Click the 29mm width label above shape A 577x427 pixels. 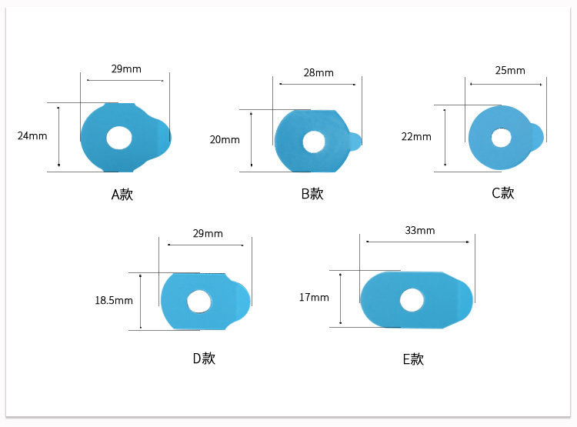click(x=126, y=68)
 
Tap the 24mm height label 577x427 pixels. click(x=32, y=136)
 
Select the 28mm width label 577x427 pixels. click(x=319, y=73)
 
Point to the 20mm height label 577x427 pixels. click(x=225, y=140)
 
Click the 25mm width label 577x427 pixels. click(x=510, y=70)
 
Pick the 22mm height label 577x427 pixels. click(x=416, y=137)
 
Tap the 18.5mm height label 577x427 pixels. click(x=114, y=300)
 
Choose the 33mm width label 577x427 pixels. click(x=420, y=231)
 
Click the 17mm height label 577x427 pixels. click(x=314, y=298)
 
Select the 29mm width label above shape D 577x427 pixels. click(x=208, y=233)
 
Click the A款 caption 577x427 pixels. click(x=122, y=195)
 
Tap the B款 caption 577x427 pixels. click(x=312, y=194)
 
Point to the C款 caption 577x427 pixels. click(x=503, y=193)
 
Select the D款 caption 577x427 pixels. click(x=204, y=359)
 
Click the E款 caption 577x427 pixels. click(x=413, y=359)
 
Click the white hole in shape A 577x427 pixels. click(x=118, y=138)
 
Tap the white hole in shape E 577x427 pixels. click(x=412, y=300)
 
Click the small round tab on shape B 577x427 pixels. click(x=355, y=142)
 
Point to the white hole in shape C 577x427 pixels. click(x=501, y=138)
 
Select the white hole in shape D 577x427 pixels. click(x=199, y=302)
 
